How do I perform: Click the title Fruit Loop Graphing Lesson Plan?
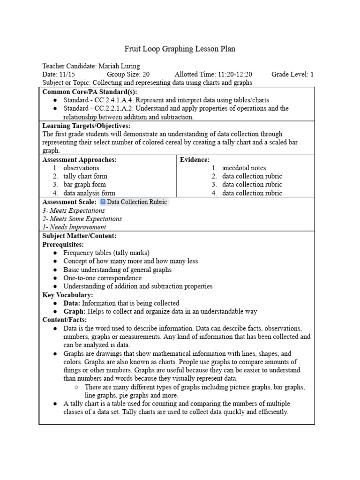coord(180,49)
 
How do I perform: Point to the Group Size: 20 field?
coord(128,74)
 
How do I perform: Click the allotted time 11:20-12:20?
coord(235,74)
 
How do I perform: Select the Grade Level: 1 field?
coord(292,74)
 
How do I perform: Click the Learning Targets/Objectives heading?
coord(86,126)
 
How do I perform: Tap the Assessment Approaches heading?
coord(79,159)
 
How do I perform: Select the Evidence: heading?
coord(195,159)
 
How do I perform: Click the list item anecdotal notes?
coord(244,168)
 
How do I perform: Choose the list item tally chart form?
coord(85,176)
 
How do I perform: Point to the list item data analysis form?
coord(89,193)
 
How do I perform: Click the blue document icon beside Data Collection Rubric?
coord(103,202)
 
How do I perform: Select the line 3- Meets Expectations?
coord(74,210)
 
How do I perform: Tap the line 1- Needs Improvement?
coord(74,227)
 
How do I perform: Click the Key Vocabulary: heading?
coord(67,295)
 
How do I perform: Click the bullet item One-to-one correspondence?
coord(102,278)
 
